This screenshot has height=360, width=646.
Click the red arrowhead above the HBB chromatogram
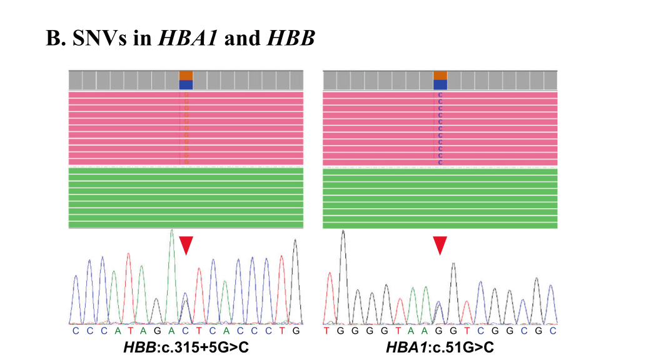coord(186,245)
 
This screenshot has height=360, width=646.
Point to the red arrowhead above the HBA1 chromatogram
coord(440,245)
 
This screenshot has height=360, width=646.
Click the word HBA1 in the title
coord(188,39)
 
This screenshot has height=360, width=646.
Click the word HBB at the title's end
coord(291,39)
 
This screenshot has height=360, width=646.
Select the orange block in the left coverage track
coord(186,75)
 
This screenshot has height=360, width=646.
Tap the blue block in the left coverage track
coord(186,85)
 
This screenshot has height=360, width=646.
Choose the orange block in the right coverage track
coord(440,75)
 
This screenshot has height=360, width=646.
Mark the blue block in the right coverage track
coord(440,85)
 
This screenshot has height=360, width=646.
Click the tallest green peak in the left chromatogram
coord(171,232)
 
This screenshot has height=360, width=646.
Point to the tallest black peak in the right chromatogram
coord(343,232)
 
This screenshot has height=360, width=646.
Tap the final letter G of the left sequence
coord(296,330)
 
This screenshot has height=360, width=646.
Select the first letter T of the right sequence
coord(326,330)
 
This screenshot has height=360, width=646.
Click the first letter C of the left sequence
coord(75,330)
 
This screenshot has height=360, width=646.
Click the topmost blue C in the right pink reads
coord(440,95)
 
